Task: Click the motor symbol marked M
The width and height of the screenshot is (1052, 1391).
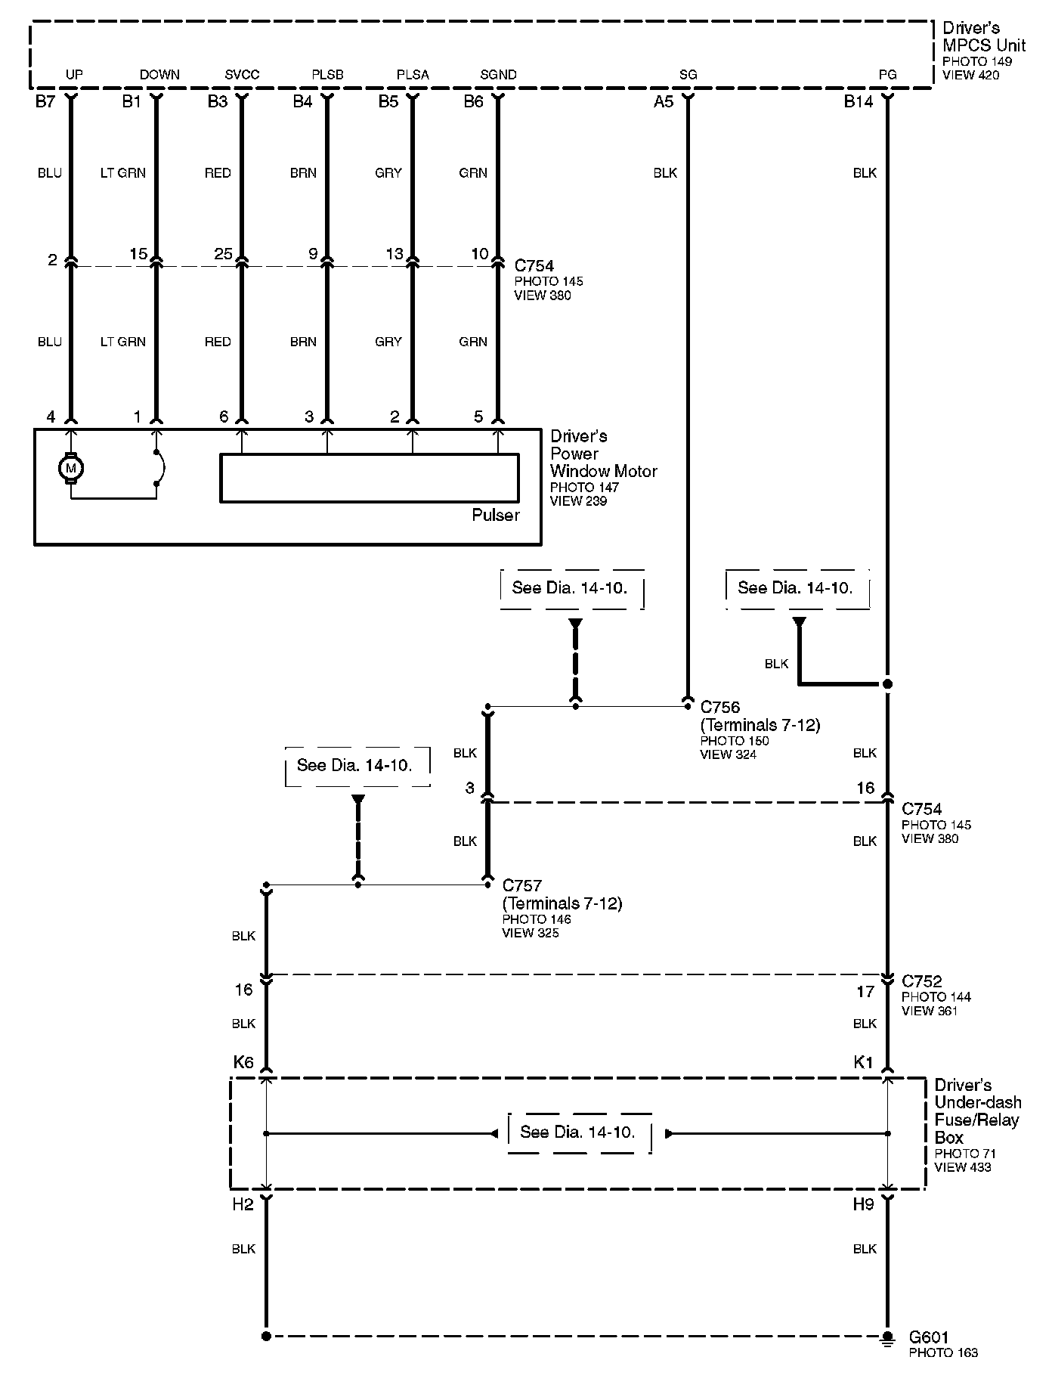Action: coord(71,469)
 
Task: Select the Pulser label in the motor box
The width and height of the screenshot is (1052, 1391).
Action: coord(496,516)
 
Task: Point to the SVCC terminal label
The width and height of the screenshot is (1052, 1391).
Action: coord(242,75)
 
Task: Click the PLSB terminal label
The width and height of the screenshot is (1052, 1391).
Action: coord(327,75)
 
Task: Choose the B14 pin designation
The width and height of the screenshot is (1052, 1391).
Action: coord(859,102)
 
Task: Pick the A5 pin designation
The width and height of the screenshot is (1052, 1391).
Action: coord(663,102)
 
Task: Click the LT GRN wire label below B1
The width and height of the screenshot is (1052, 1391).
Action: coord(122,173)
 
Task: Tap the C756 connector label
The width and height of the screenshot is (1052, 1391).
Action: coord(720,708)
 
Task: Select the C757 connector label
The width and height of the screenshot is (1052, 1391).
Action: coord(522,885)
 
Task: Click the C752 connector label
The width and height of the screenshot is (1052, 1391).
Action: coord(922,981)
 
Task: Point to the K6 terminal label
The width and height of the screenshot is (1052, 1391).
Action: coord(243,1062)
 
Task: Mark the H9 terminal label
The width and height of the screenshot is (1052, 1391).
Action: coord(863,1204)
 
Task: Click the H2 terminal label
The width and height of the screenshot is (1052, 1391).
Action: coord(243,1204)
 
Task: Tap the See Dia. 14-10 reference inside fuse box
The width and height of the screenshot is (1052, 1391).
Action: coord(578,1132)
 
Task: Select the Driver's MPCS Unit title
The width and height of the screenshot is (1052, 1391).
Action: coord(983,36)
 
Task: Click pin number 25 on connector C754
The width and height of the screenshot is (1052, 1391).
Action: coord(223,254)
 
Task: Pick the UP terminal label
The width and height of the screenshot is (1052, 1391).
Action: coord(74,75)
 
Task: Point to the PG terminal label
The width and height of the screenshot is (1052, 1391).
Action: coord(887,75)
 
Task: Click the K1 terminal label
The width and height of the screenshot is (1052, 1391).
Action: coord(863,1062)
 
